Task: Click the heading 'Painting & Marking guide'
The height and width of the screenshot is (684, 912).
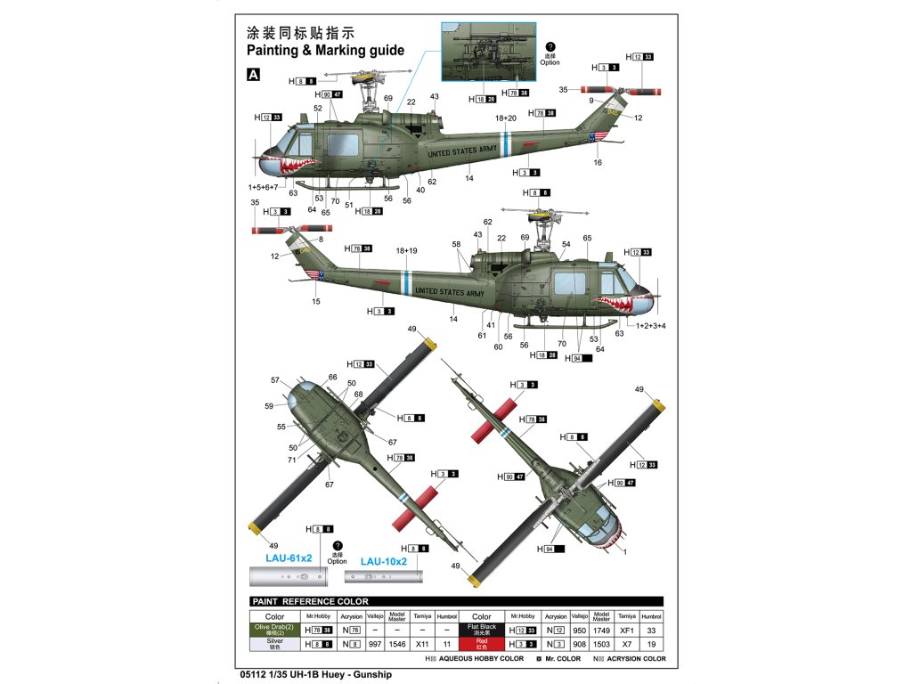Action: (325, 51)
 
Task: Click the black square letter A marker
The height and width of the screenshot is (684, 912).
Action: (254, 76)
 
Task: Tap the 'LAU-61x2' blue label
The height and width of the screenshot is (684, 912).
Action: (289, 558)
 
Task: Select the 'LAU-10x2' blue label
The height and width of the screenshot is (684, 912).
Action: (383, 562)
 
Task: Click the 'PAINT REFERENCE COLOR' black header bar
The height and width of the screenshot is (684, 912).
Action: (456, 601)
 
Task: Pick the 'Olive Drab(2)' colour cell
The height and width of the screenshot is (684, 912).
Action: (274, 629)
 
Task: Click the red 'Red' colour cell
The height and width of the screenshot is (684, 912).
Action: (481, 642)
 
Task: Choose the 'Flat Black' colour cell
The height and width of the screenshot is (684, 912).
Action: (481, 629)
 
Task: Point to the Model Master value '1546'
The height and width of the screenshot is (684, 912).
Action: (398, 642)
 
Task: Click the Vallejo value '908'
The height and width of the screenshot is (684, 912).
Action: (580, 642)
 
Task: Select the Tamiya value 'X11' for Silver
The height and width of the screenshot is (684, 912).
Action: (424, 642)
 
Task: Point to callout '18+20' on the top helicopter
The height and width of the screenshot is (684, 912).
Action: (506, 118)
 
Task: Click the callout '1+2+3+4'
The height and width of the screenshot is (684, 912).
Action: (651, 325)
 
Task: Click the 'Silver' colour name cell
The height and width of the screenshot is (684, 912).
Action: (274, 642)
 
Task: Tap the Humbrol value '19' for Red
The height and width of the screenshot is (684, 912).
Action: (653, 642)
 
